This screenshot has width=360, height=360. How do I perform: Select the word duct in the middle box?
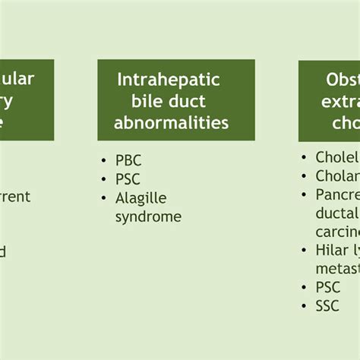188,100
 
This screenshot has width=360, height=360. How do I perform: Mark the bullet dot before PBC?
104,161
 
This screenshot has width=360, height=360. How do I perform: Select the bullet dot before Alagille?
104,198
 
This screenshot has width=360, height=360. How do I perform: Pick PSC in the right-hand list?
328,287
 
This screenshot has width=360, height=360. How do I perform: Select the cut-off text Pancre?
337,195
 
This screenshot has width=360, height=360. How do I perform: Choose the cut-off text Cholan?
337,176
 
